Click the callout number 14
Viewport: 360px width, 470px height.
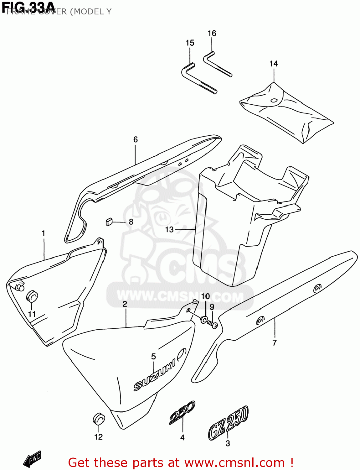coord(274,64)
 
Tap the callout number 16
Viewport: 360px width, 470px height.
coord(212,34)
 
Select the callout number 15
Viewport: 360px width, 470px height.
coord(190,43)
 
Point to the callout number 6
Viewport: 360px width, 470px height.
coord(136,140)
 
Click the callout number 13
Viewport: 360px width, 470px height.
coord(169,230)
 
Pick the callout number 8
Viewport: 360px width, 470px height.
coord(131,222)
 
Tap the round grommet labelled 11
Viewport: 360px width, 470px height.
coord(32,296)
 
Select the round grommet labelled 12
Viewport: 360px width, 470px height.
coord(99,419)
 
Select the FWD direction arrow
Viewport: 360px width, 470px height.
coord(32,459)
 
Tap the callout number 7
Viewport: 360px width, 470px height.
coord(275,342)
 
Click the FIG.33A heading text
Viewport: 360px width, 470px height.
coord(28,7)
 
